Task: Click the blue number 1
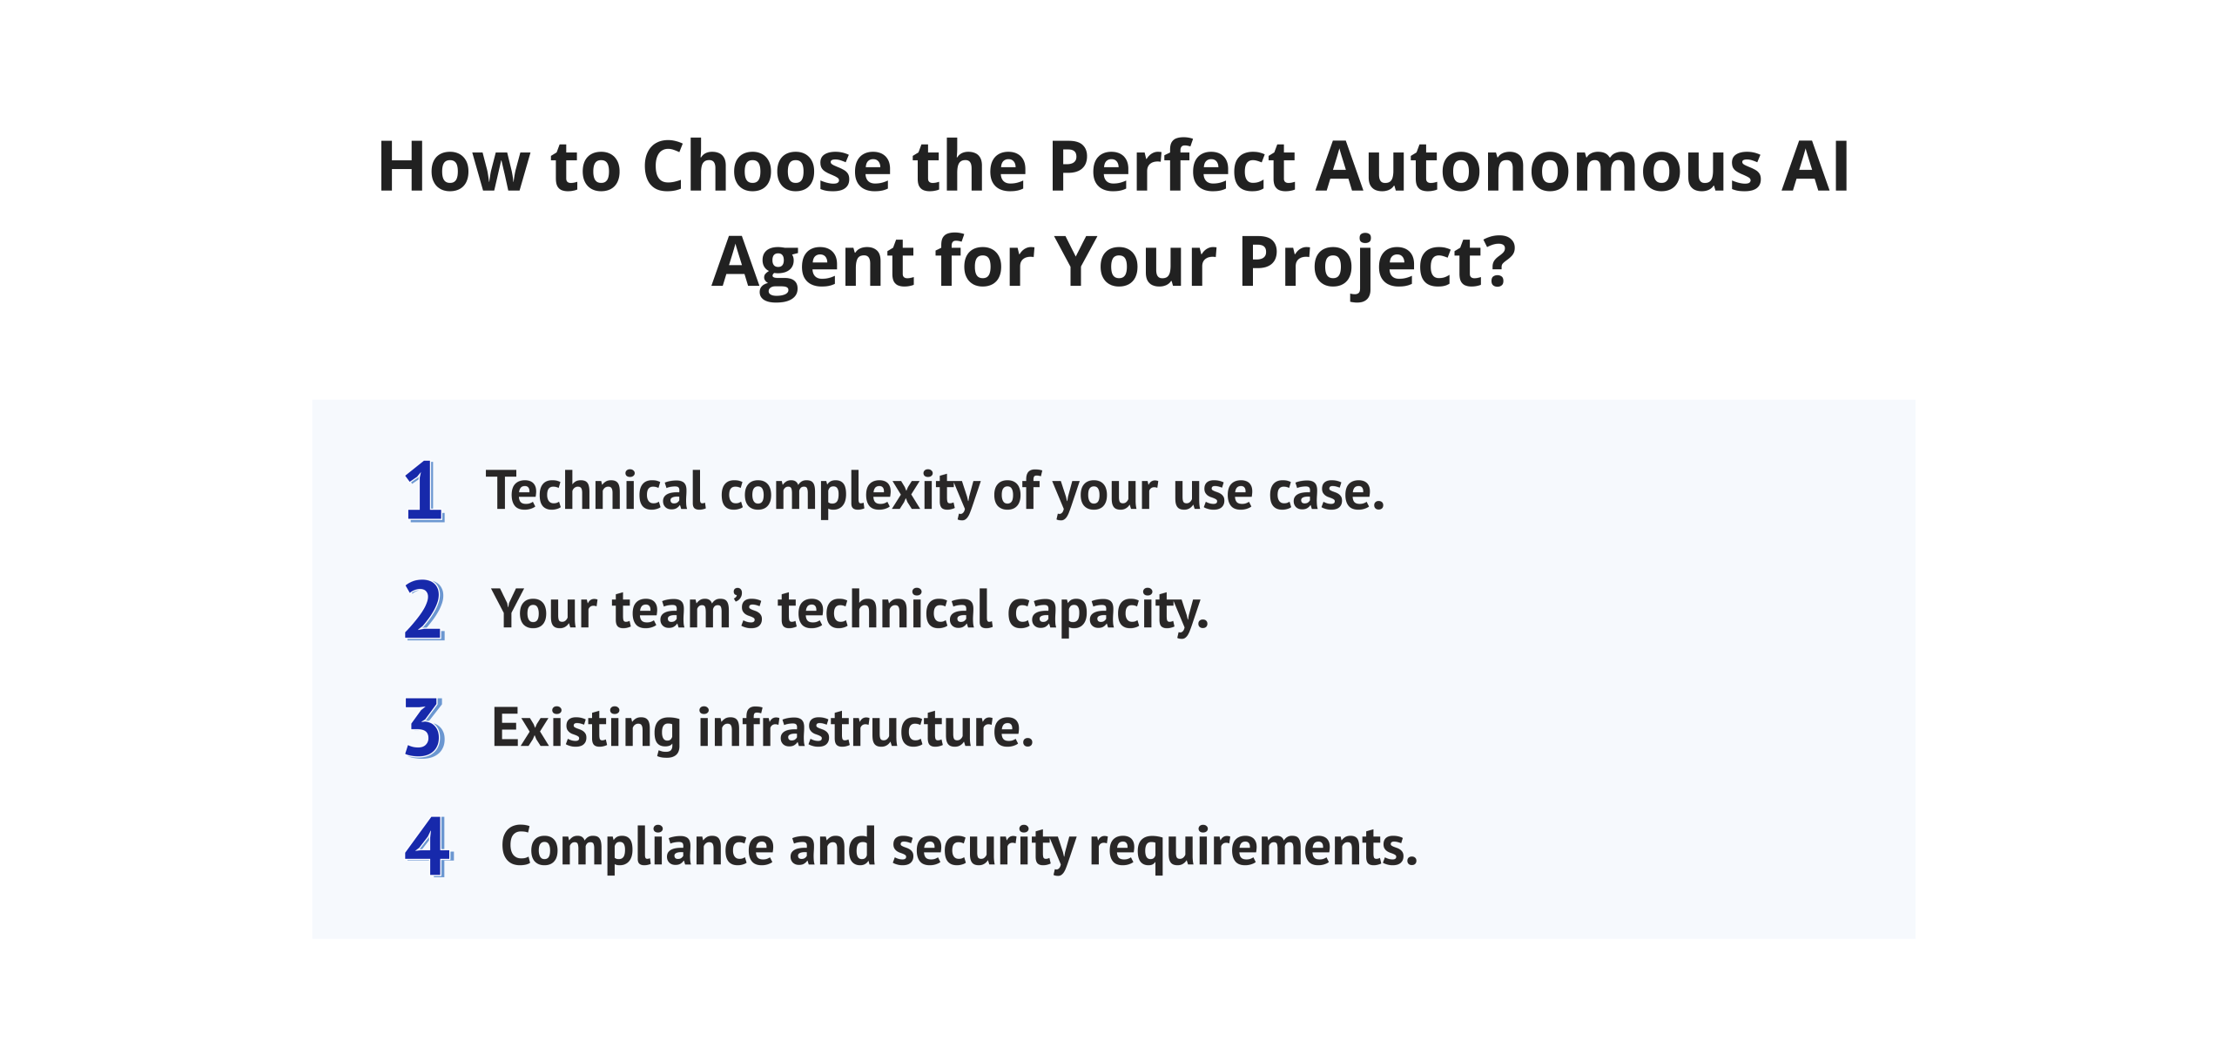click(424, 491)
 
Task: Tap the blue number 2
click(424, 610)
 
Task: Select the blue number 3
click(424, 728)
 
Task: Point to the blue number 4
click(428, 847)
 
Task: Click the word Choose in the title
click(766, 166)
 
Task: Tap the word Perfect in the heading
click(1172, 166)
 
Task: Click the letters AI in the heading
click(1815, 166)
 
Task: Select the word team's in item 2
click(687, 610)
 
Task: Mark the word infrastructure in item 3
click(865, 728)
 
